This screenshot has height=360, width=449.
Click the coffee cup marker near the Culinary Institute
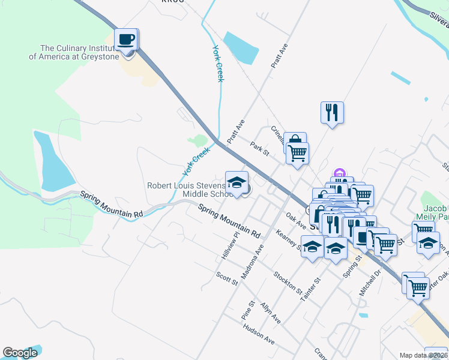(126, 40)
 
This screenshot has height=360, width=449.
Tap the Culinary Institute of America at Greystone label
(71, 52)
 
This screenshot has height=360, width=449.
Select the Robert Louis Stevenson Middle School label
(189, 190)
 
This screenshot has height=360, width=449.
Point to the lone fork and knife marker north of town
(332, 112)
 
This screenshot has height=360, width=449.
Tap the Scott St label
(227, 278)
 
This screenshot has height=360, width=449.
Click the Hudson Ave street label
(258, 335)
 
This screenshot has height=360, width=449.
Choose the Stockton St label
(288, 282)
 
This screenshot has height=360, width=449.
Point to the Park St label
(259, 147)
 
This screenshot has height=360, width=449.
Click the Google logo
(20, 353)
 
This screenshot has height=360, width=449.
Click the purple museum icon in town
(340, 174)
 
